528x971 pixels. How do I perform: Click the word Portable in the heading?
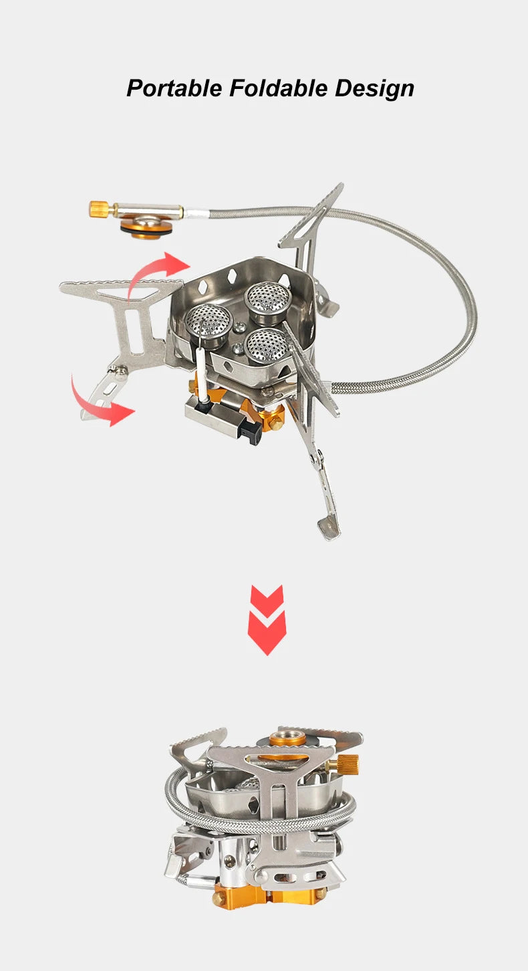coord(175,88)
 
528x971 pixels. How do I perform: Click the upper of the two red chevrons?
coord(267,597)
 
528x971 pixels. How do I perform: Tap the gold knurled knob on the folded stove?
coord(348,762)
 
